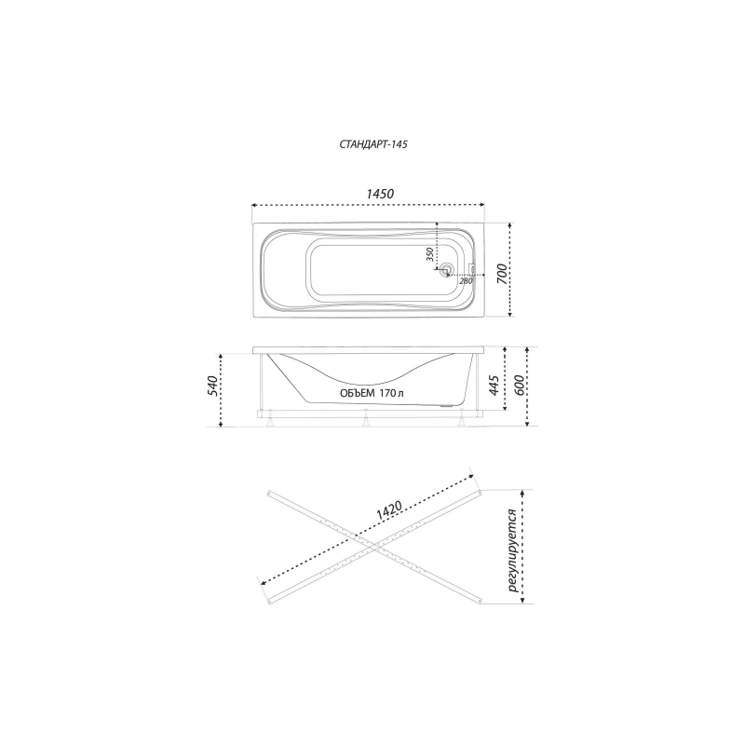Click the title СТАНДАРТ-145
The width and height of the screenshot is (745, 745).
[373, 144]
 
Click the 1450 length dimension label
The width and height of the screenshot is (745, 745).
[380, 194]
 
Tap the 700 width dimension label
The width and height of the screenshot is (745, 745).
[502, 274]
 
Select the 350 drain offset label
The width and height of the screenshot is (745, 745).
[429, 254]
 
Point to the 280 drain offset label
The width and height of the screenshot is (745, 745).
[466, 281]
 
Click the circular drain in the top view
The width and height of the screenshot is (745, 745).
[446, 270]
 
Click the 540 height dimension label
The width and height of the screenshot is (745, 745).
[212, 386]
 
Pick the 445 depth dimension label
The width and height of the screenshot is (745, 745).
[494, 385]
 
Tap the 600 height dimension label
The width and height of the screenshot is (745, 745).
[519, 385]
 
